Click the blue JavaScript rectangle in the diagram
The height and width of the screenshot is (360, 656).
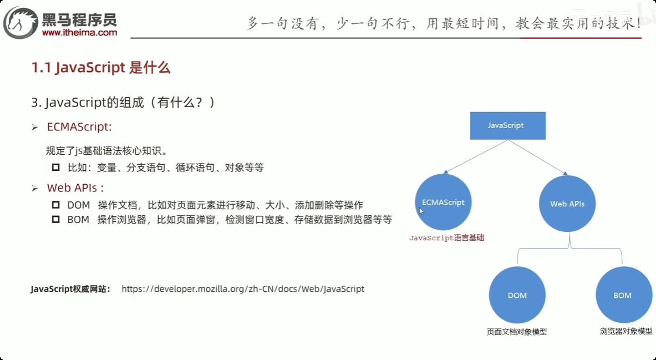[x=508, y=125]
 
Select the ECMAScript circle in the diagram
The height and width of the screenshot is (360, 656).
[x=443, y=202]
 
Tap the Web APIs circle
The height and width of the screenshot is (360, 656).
[x=567, y=204]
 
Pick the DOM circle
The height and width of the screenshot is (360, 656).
[x=517, y=295]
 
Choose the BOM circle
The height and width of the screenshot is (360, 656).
[x=622, y=295]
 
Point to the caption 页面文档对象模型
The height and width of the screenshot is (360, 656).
[x=517, y=332]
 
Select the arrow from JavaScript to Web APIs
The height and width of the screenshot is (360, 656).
[x=538, y=157]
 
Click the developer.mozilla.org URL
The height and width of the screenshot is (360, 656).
[x=243, y=289]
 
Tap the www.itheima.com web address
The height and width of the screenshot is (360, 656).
[x=79, y=33]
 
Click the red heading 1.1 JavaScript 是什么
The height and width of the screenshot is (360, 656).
[x=101, y=68]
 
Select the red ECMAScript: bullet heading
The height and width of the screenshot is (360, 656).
[x=79, y=127]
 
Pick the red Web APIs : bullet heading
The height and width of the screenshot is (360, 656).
[x=75, y=187]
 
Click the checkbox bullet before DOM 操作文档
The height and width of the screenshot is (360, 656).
[x=55, y=205]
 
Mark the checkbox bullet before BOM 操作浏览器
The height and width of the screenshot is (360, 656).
[x=55, y=220]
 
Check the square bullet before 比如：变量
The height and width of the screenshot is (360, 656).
[x=55, y=167]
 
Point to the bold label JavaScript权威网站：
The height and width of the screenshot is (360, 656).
[x=70, y=289]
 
